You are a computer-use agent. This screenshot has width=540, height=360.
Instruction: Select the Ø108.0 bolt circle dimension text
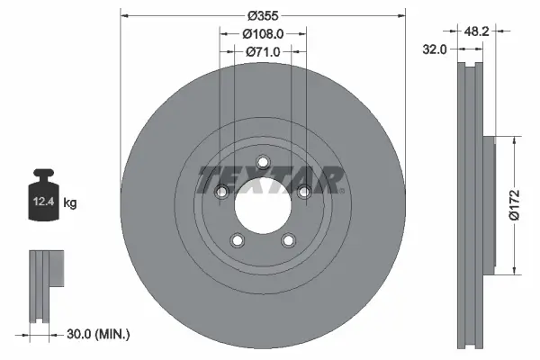coord(263,33)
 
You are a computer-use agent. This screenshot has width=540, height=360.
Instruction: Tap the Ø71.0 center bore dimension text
coord(263,52)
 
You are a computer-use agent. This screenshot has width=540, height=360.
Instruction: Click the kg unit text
coord(70,203)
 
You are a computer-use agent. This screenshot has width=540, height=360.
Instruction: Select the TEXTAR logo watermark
coord(270,178)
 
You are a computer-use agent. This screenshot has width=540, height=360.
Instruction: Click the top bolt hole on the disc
coord(263,162)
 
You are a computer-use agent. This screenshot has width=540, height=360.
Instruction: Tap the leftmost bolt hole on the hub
coord(220,191)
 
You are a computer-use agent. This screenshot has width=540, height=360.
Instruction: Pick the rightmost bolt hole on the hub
coord(304,191)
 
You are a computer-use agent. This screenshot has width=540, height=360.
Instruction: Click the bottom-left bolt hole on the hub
coord(237,240)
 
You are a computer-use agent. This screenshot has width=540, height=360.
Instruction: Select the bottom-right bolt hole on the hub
coord(288,240)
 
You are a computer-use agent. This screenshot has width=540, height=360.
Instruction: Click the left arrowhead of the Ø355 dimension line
coord(124,16)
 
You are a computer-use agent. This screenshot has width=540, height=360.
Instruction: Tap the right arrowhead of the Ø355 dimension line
coord(400,16)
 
